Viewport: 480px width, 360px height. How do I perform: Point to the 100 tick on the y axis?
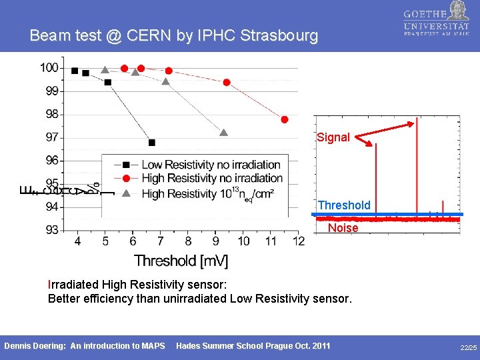click(x=49, y=67)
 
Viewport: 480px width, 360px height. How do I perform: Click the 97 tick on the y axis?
click(x=51, y=137)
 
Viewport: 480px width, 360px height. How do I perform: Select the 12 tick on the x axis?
click(x=298, y=241)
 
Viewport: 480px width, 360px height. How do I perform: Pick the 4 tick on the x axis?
click(x=78, y=241)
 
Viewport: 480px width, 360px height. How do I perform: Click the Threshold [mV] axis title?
click(x=181, y=261)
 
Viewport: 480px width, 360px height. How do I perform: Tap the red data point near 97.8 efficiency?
click(x=285, y=119)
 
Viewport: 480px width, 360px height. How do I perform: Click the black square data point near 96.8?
click(x=152, y=142)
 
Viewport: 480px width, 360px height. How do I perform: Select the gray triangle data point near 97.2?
click(x=224, y=133)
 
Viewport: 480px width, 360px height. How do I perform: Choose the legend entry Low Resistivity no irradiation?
click(x=211, y=165)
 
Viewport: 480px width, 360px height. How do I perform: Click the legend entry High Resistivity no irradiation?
click(x=212, y=178)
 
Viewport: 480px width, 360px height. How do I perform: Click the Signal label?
click(x=333, y=137)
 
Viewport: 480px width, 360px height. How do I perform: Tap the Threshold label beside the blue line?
click(x=344, y=205)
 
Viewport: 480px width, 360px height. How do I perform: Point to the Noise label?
click(x=343, y=228)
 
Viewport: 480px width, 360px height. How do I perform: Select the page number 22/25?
click(x=468, y=348)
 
